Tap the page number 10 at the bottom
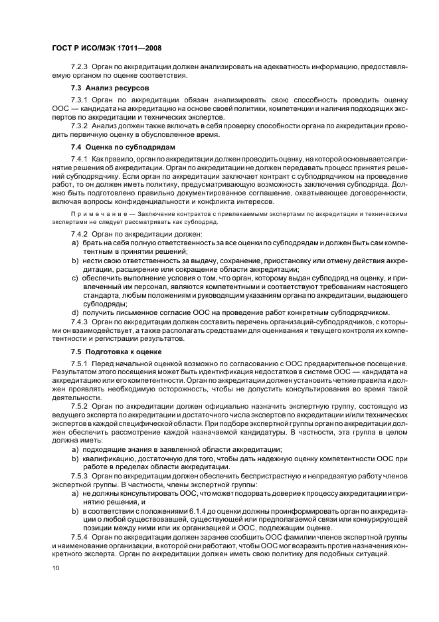tap(55, 568)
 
